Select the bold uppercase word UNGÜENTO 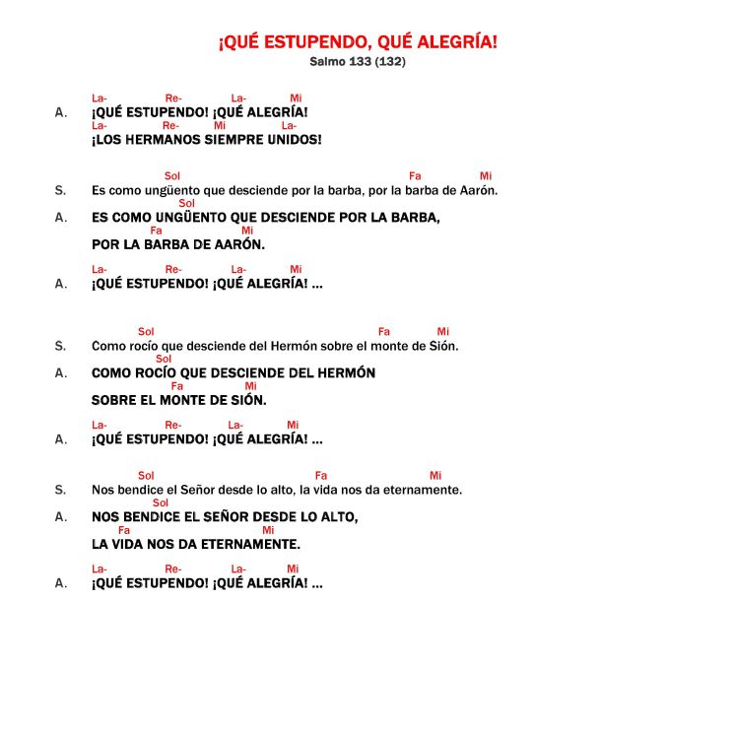tap(195, 217)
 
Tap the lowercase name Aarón tap(479, 190)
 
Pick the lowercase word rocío tap(145, 346)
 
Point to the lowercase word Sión tap(443, 346)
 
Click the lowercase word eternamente tap(426, 490)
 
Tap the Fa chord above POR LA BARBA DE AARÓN tap(156, 231)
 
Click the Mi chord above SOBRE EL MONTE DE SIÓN tap(250, 386)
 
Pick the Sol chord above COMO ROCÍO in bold tap(164, 359)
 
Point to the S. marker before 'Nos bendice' tap(60, 490)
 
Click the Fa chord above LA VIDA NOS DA tap(124, 530)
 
